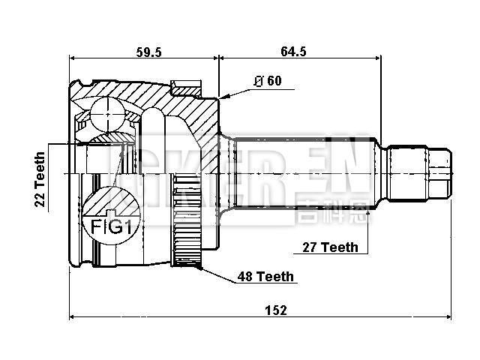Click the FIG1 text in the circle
tap(109, 226)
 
